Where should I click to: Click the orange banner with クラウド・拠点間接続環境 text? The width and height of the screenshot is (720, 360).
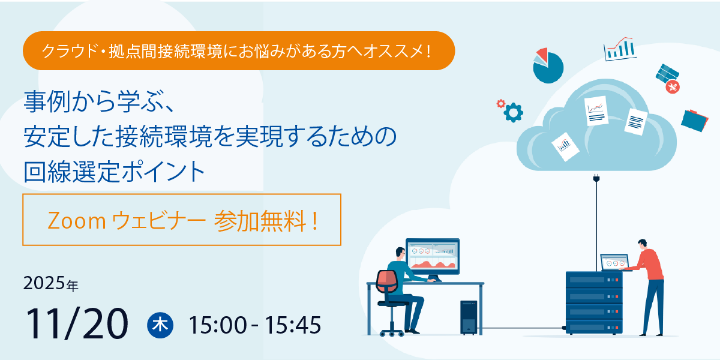pos(238,51)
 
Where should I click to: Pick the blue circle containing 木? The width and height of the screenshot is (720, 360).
pos(160,325)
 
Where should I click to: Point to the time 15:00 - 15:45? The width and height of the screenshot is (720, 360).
pos(255,325)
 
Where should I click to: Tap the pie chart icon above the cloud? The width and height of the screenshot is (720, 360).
pos(547,65)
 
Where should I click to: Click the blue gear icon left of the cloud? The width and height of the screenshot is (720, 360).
pos(513,112)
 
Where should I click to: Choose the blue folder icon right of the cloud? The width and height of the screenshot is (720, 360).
pos(696,119)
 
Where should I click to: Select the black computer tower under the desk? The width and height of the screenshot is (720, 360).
pos(469,317)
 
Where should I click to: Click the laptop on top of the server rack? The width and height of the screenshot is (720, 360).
pos(614,263)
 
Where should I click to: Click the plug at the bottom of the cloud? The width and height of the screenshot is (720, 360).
pos(596,178)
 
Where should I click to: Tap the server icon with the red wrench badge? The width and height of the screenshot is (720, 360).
pos(667,78)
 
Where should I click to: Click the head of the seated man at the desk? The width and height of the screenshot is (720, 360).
pos(401,253)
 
